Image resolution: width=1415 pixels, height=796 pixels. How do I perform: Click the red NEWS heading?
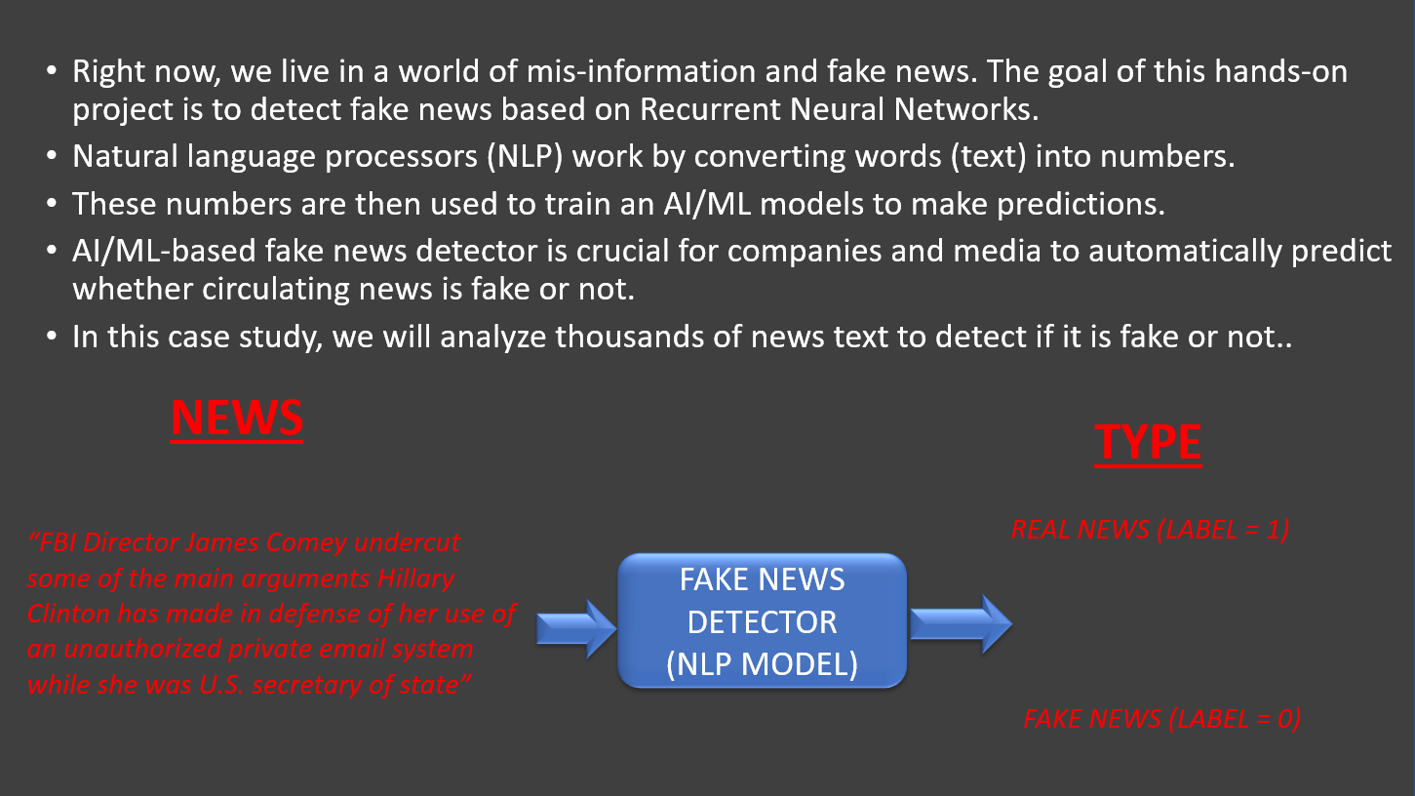(237, 418)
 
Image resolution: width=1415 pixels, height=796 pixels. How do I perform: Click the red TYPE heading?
(1148, 442)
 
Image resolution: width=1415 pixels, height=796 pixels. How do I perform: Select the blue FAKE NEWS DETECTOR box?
(762, 620)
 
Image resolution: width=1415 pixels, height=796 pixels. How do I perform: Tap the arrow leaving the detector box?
(961, 623)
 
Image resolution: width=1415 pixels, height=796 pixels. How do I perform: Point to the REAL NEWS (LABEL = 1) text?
(1150, 530)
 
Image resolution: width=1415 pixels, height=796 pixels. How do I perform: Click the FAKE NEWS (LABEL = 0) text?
(1161, 719)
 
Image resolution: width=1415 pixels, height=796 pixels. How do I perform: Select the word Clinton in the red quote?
(67, 614)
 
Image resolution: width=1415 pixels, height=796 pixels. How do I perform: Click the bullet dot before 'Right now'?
(53, 73)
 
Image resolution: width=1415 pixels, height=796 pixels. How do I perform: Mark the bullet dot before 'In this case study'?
(53, 337)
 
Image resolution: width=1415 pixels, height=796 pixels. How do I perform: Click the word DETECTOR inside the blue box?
(762, 621)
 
